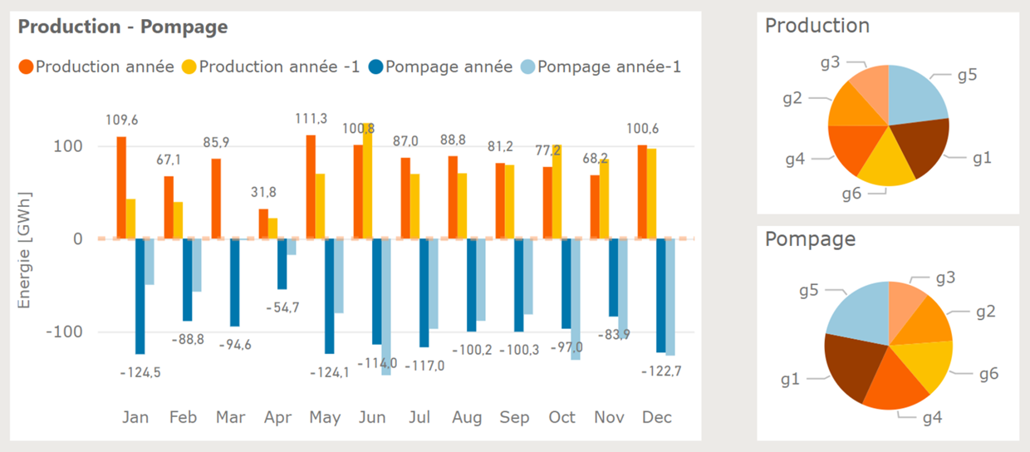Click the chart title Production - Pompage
coord(123,27)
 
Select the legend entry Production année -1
coord(279,66)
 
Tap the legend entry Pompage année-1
coord(609,66)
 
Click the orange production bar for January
coord(121,187)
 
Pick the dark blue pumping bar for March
coord(235,282)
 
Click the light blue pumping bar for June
coord(386,307)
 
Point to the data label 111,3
coord(311,120)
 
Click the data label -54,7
coord(282,307)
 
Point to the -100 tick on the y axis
coord(66,332)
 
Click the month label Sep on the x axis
coord(514,417)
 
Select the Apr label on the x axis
coord(278,417)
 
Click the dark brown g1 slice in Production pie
coord(922,150)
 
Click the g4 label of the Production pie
coord(794,159)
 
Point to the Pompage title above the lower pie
coord(810,240)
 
